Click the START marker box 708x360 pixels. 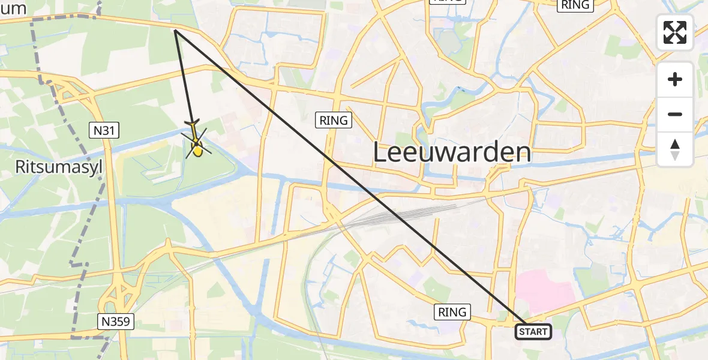click(x=533, y=332)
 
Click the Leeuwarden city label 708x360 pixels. click(x=452, y=152)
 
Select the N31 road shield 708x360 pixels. click(x=105, y=130)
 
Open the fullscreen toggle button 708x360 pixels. click(x=675, y=32)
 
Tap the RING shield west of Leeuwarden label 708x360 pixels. click(x=334, y=121)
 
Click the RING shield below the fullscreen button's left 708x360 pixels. click(x=575, y=5)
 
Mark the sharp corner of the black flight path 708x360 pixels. click(x=175, y=30)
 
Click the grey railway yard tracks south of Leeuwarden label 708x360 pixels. click(x=396, y=214)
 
